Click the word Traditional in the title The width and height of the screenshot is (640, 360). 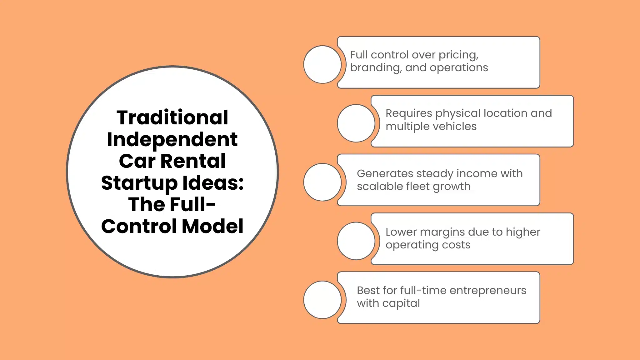(x=172, y=118)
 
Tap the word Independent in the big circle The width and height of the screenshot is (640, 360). (x=172, y=139)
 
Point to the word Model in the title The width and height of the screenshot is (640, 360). (x=212, y=226)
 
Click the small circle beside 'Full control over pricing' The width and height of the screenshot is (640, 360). (x=322, y=64)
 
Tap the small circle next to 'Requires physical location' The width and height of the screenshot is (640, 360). (x=356, y=123)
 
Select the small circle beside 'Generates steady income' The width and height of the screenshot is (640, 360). (x=322, y=182)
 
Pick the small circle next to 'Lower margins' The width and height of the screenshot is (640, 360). (x=356, y=241)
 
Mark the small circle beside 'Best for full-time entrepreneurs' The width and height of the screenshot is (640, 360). (x=322, y=300)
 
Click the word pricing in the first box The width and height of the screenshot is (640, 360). (x=458, y=55)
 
